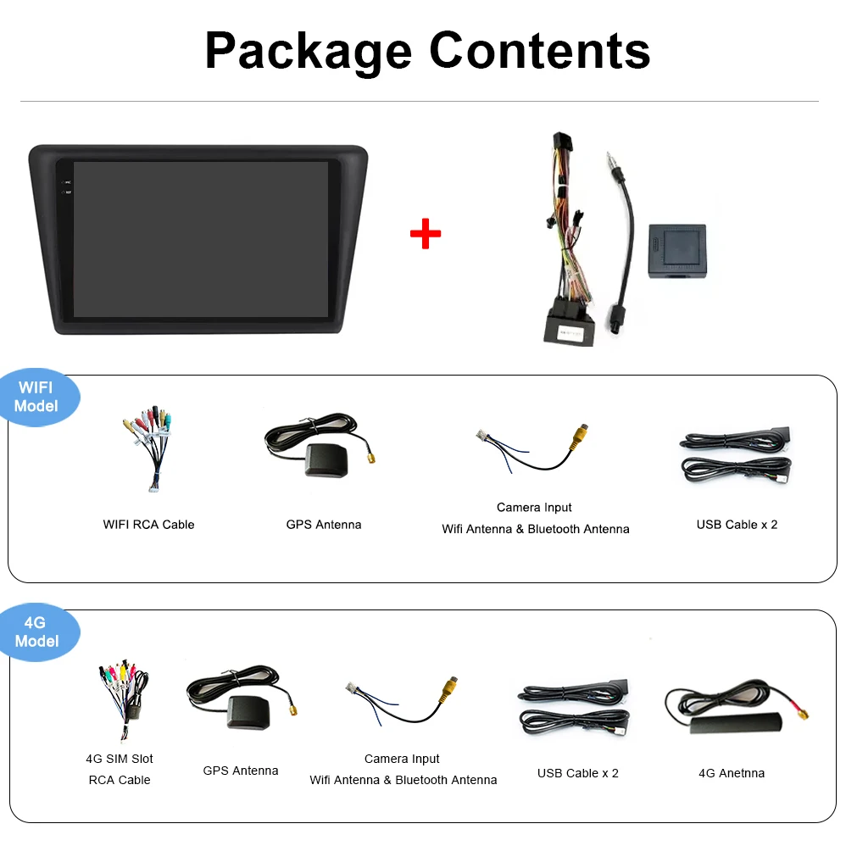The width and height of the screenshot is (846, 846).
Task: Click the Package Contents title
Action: pos(427,50)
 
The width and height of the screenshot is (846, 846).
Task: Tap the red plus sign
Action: pos(426,234)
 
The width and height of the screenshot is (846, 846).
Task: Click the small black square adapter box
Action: pos(676,251)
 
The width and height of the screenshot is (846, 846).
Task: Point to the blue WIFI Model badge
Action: pos(37,397)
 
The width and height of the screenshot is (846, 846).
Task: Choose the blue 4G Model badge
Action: pos(37,632)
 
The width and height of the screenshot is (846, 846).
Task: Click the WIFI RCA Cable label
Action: pos(148,525)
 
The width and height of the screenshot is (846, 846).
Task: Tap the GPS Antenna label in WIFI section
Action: pos(323,525)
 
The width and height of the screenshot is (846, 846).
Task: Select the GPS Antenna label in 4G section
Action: pos(240,771)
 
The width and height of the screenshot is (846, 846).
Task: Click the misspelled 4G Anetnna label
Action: pos(731,773)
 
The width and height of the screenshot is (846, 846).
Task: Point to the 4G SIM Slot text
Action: pos(120,759)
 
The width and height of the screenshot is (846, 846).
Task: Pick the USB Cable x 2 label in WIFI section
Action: pos(737,525)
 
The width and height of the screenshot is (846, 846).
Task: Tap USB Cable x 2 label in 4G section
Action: pos(577,773)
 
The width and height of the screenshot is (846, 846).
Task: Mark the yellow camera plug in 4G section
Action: pos(448,688)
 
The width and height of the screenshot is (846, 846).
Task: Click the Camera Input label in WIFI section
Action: pos(534,508)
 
